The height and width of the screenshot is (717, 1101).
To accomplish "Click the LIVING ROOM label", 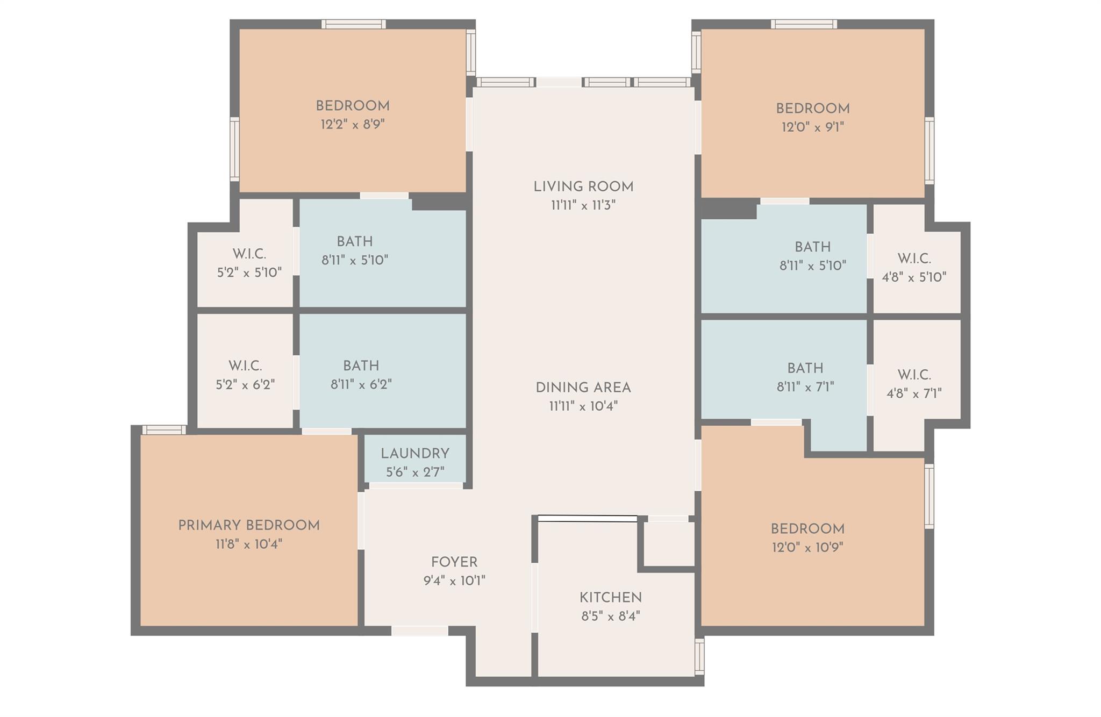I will [583, 187].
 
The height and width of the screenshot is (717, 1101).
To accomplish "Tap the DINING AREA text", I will [583, 388].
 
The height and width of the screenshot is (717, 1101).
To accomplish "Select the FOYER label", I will [454, 562].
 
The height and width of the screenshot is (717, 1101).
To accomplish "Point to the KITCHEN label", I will [610, 598].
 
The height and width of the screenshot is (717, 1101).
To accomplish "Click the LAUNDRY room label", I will [414, 454].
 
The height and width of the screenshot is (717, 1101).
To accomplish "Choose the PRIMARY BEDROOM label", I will [249, 526].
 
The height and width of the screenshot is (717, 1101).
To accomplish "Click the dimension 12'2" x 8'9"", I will [353, 125].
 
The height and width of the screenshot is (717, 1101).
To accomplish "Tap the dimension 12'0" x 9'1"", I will [813, 127].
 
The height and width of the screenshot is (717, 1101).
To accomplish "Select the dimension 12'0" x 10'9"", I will [807, 548].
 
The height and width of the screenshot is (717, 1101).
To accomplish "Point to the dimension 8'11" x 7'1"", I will [805, 387].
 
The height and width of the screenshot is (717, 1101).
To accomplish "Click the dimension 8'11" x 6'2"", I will [361, 384].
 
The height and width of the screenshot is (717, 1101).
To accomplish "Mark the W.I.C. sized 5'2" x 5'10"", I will [249, 254].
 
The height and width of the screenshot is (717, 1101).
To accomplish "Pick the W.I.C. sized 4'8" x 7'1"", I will [914, 375].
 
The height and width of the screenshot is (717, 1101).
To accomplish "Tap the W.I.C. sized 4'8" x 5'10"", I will [914, 259].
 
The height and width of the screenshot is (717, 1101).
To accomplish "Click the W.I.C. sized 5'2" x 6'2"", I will [245, 366].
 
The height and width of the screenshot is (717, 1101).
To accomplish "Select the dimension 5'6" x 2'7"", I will [414, 472].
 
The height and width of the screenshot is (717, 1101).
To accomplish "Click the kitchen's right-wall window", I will [699, 656].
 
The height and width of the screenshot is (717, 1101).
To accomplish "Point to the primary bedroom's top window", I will [165, 429].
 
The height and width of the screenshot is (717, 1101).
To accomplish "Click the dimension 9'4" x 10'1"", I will [454, 581].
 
